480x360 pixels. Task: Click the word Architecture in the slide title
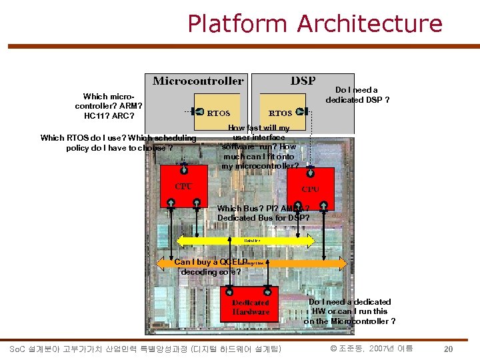click(x=370, y=24)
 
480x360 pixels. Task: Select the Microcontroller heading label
click(x=198, y=81)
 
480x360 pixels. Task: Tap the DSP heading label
click(x=303, y=81)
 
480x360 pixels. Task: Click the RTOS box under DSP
click(x=280, y=113)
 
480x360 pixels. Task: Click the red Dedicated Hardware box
click(x=251, y=307)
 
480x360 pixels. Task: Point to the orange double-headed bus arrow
click(x=252, y=264)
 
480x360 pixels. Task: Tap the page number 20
click(x=449, y=349)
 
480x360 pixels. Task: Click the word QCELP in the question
click(x=233, y=262)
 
